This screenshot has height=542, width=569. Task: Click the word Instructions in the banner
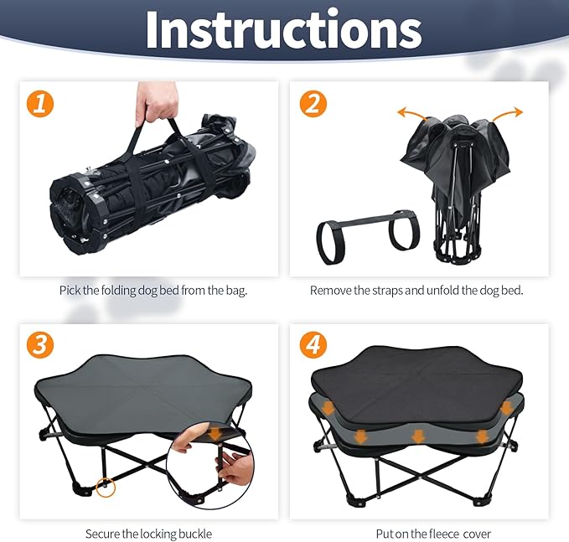(x=284, y=30)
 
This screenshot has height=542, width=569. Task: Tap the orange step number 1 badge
(x=40, y=104)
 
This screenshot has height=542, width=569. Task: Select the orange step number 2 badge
(x=313, y=104)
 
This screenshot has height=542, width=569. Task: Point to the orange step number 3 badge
(x=40, y=345)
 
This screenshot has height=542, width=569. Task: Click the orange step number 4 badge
(x=313, y=345)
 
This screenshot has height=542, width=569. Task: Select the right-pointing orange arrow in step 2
(x=507, y=114)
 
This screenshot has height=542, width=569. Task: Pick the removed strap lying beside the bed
(x=368, y=235)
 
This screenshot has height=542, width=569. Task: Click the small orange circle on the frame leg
(x=106, y=488)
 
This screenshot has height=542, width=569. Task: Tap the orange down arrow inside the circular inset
(x=217, y=434)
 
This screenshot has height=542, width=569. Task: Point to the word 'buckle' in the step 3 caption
(x=195, y=534)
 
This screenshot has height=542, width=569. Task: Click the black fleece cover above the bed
(x=416, y=385)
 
